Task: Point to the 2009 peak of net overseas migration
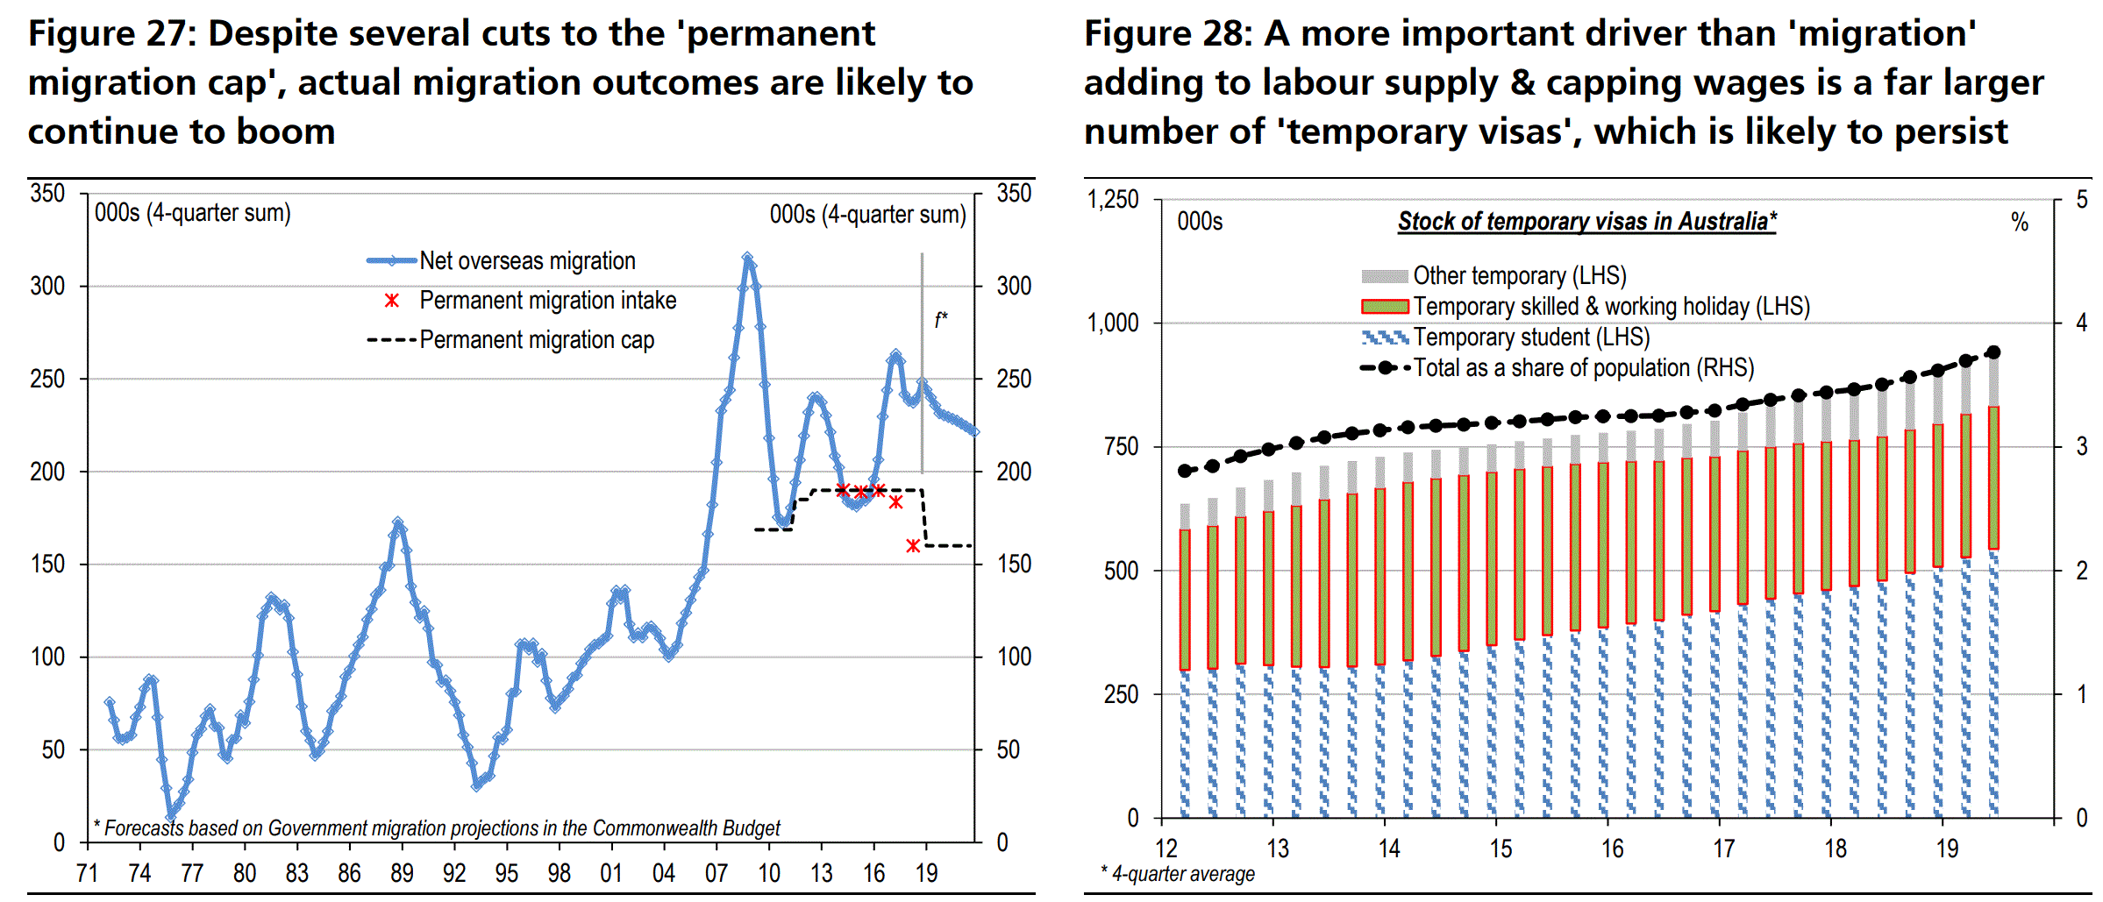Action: coord(747,259)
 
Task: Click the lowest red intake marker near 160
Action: coord(913,546)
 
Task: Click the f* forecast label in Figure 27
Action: coord(940,320)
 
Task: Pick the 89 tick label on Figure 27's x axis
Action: coord(402,873)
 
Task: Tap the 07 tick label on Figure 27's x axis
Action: coord(716,873)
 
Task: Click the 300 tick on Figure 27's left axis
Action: coord(47,286)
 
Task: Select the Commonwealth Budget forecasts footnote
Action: coord(437,828)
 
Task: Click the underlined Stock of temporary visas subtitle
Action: coord(1586,221)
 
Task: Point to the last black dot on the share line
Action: coord(1993,352)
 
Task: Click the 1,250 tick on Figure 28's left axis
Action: coord(1113,200)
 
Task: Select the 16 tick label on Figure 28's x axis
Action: coord(1612,849)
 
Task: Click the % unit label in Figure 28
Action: coord(2020,223)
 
